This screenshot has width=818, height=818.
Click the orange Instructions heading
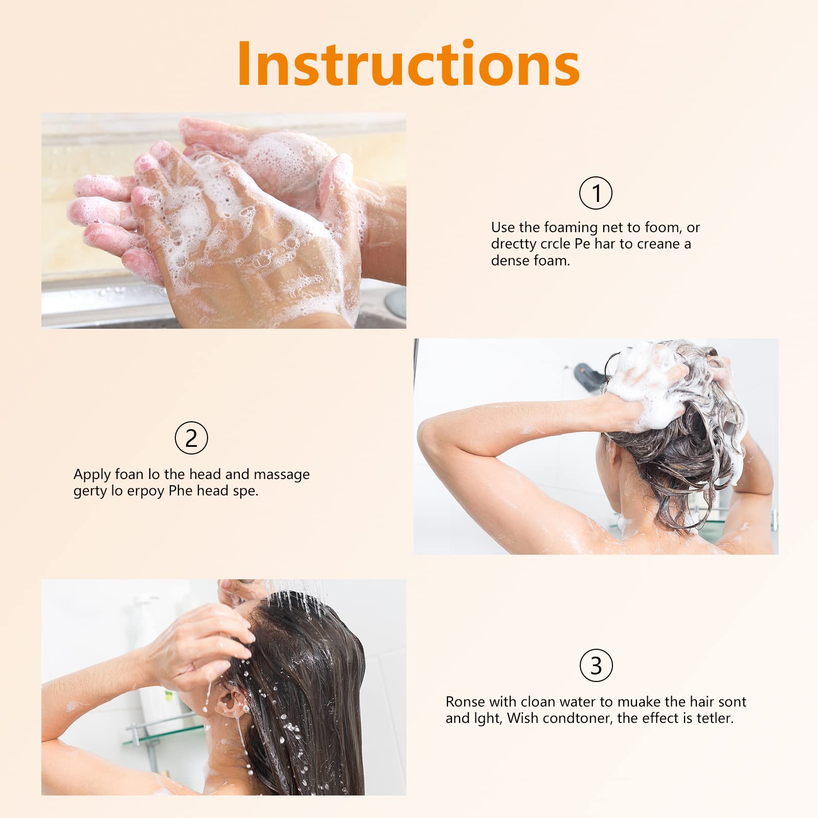(x=408, y=64)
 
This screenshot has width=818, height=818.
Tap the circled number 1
(x=596, y=193)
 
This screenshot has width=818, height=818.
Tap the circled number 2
(x=191, y=438)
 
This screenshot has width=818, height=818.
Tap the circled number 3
(x=596, y=666)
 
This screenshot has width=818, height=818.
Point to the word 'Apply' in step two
(x=92, y=475)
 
